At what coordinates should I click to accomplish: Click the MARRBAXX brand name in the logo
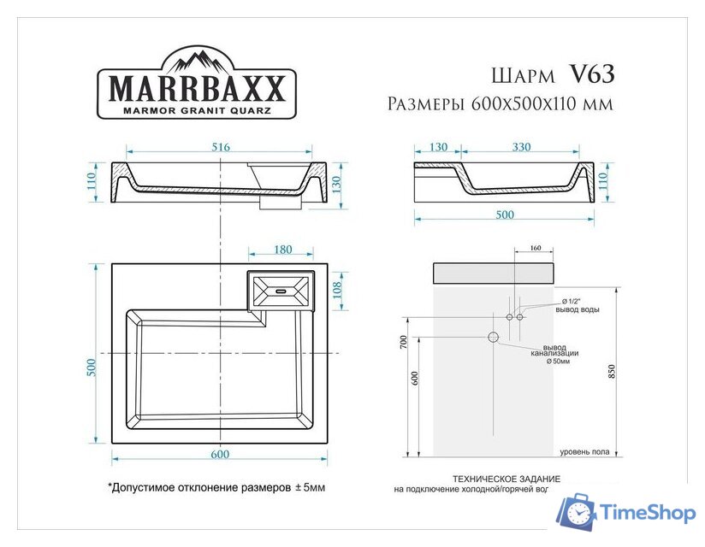[x=195, y=89]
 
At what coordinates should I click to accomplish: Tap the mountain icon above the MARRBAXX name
[x=196, y=61]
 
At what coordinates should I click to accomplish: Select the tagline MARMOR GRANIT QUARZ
[x=195, y=110]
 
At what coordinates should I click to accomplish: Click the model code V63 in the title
[x=591, y=74]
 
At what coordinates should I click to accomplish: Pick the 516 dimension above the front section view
[x=221, y=147]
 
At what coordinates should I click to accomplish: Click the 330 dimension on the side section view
[x=521, y=147]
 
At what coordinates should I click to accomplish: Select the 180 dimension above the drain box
[x=282, y=250]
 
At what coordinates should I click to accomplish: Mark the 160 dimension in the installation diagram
[x=536, y=249]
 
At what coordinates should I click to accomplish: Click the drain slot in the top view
[x=280, y=291]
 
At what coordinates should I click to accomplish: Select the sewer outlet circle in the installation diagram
[x=494, y=337]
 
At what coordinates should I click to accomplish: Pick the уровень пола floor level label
[x=585, y=451]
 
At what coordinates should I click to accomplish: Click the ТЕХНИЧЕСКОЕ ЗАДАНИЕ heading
[x=507, y=479]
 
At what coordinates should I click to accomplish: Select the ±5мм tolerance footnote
[x=216, y=488]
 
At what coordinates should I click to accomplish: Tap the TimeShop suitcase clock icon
[x=577, y=513]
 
